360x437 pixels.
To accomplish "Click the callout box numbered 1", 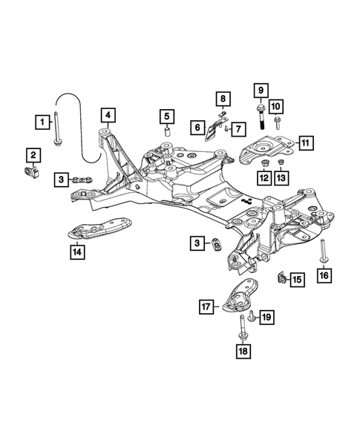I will click(45, 120).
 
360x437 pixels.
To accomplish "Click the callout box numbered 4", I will click(108, 115).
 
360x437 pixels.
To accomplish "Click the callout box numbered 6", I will click(238, 129).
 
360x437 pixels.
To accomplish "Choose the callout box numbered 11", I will click(304, 142).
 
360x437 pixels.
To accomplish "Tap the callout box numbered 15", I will click(297, 279).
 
